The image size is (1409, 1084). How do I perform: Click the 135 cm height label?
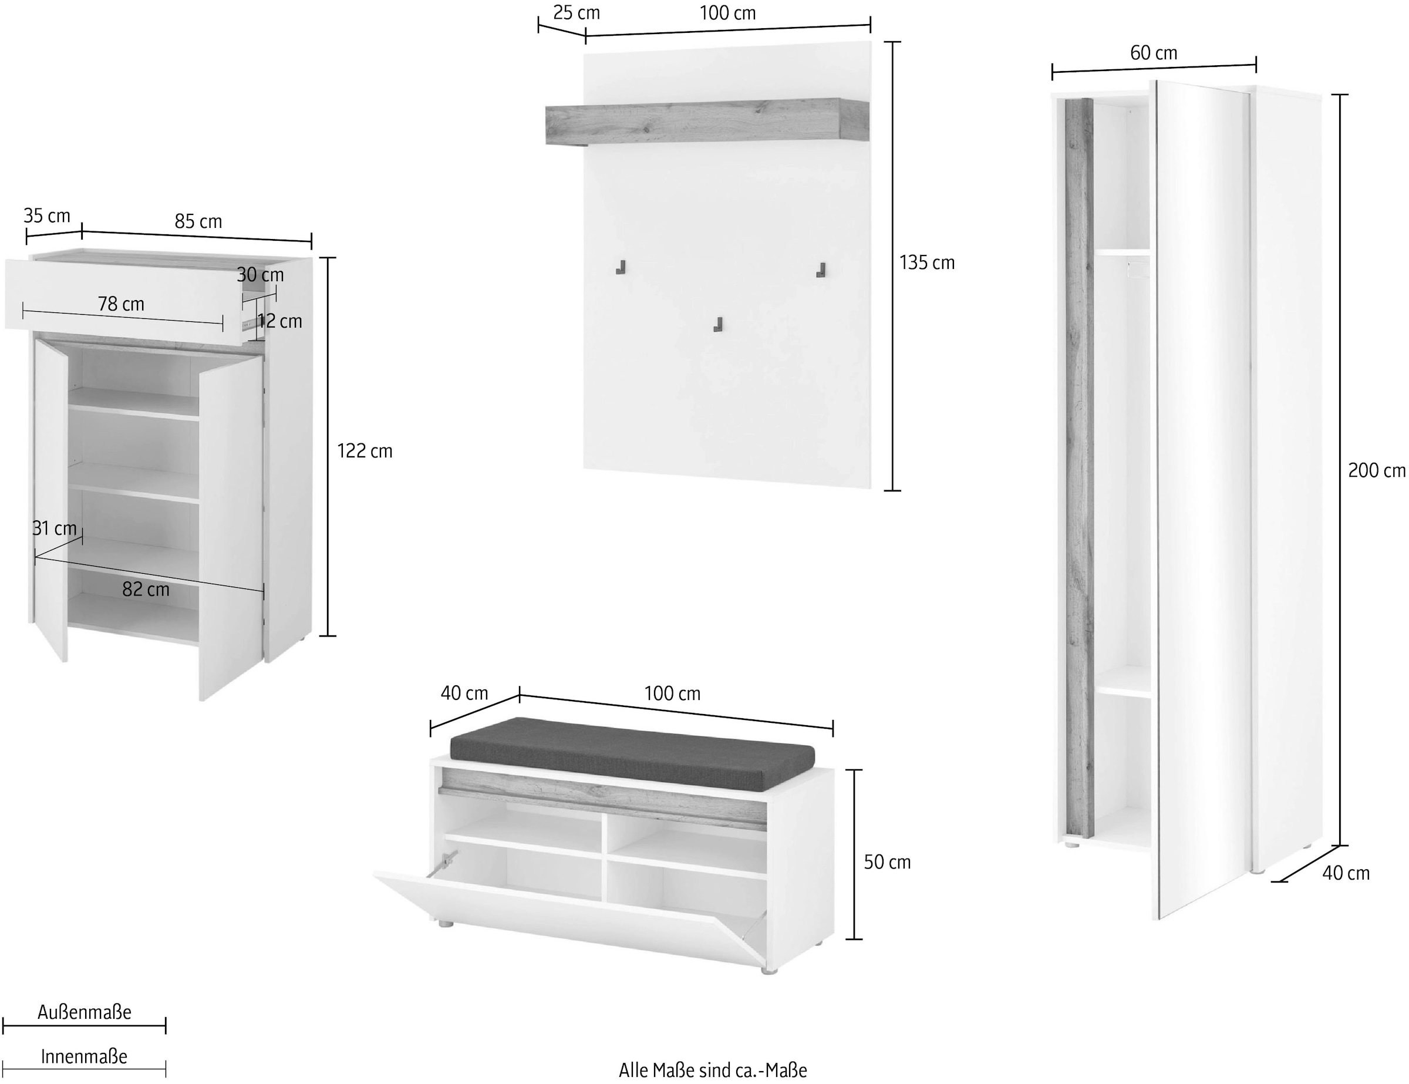(x=926, y=262)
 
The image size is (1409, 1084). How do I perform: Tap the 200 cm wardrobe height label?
(x=1376, y=470)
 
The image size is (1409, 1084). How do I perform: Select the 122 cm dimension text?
(x=365, y=451)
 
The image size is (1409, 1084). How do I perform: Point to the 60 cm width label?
(x=1154, y=53)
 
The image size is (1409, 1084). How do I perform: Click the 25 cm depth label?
(x=576, y=13)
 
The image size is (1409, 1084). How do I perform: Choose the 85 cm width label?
(x=198, y=221)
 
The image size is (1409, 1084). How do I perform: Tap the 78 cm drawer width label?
(x=122, y=304)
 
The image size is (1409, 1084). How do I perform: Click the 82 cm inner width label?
(x=146, y=589)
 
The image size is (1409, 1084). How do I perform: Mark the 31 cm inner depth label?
(x=55, y=528)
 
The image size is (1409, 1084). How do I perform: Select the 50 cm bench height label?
(x=887, y=862)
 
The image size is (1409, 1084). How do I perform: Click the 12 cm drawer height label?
(x=280, y=321)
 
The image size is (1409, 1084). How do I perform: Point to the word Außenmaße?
(x=84, y=1012)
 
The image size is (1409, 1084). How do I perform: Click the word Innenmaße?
(x=84, y=1056)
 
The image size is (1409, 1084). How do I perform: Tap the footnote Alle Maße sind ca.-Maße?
(x=713, y=1070)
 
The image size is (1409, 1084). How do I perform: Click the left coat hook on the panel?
(x=621, y=267)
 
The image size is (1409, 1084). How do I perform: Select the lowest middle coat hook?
(x=717, y=325)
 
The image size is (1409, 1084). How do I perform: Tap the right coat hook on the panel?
(x=821, y=270)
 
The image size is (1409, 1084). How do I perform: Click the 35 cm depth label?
(x=47, y=216)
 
